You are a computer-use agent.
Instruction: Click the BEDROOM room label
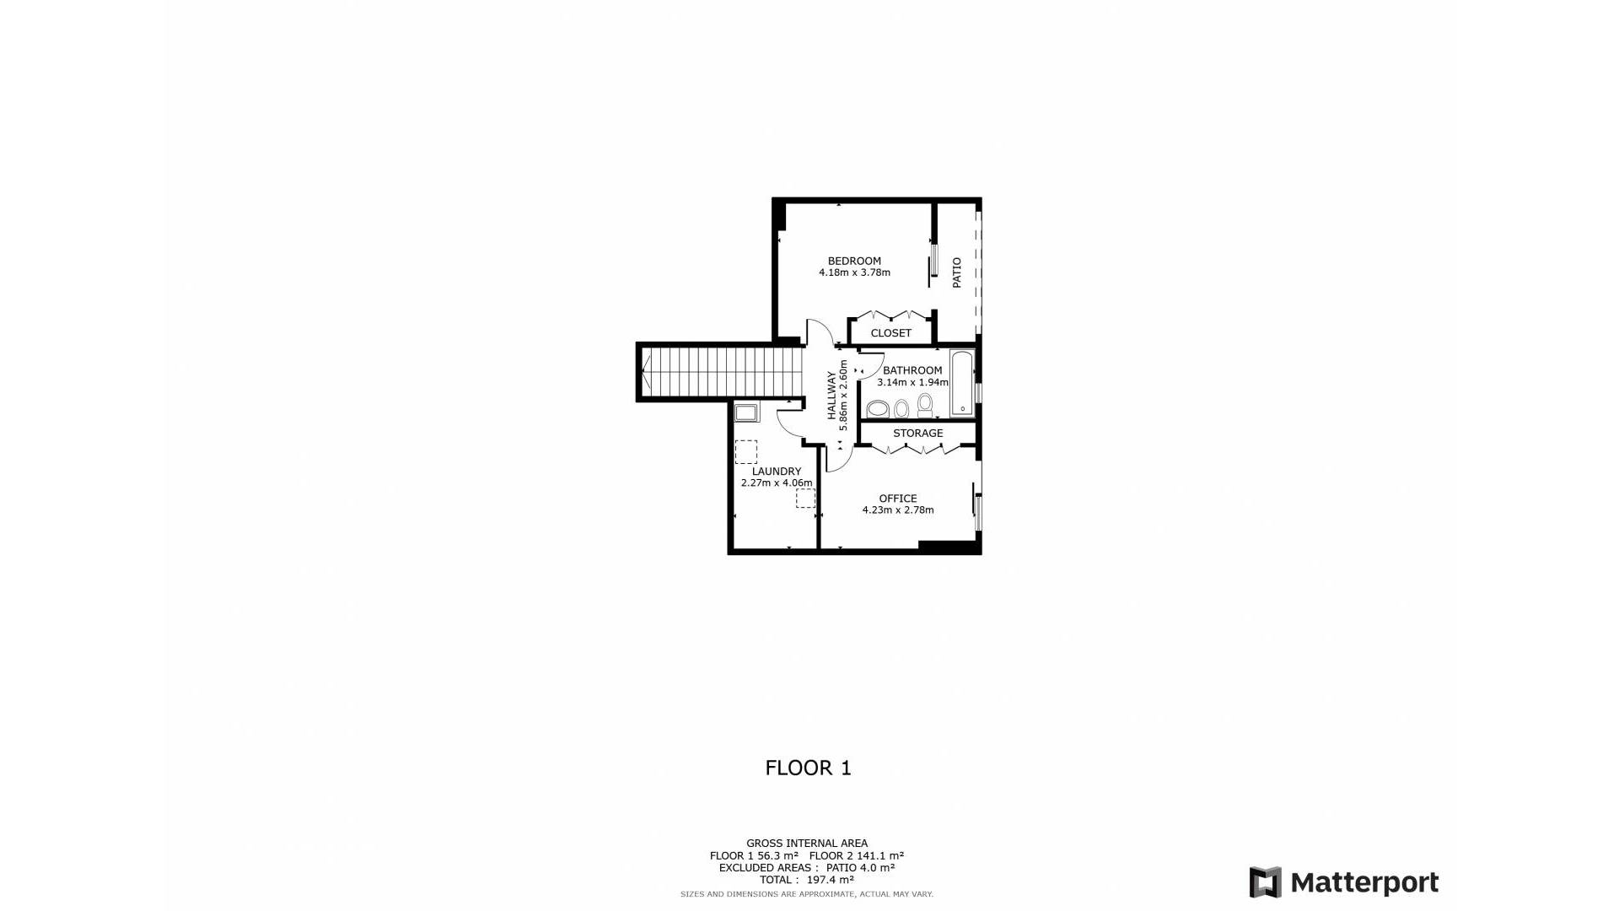click(x=854, y=261)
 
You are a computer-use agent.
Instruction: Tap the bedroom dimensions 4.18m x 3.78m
click(x=854, y=273)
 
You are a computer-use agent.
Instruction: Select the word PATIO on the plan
click(x=957, y=272)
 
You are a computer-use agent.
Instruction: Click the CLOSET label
click(x=890, y=333)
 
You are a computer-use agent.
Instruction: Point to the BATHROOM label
click(x=912, y=370)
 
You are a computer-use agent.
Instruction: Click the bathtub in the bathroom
click(x=962, y=384)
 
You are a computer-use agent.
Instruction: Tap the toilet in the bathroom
click(x=925, y=406)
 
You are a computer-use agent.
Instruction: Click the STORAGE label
click(x=917, y=434)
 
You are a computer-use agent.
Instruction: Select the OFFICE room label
click(x=897, y=499)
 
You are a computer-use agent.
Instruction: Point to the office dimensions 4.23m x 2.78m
click(x=897, y=510)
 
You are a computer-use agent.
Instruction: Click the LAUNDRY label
click(x=777, y=472)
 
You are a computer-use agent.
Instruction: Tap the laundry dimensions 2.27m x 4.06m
click(x=777, y=483)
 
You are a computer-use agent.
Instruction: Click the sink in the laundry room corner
click(x=746, y=412)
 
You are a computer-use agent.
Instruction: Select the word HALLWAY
click(x=831, y=396)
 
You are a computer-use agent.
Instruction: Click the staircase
click(x=721, y=372)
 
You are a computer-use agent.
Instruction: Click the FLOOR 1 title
click(x=808, y=768)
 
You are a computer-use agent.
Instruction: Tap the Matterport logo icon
click(x=1265, y=882)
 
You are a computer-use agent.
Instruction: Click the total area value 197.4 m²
click(x=830, y=880)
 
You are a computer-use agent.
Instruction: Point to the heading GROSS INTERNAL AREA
click(x=807, y=844)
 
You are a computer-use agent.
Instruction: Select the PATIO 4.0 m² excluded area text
click(x=860, y=868)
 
